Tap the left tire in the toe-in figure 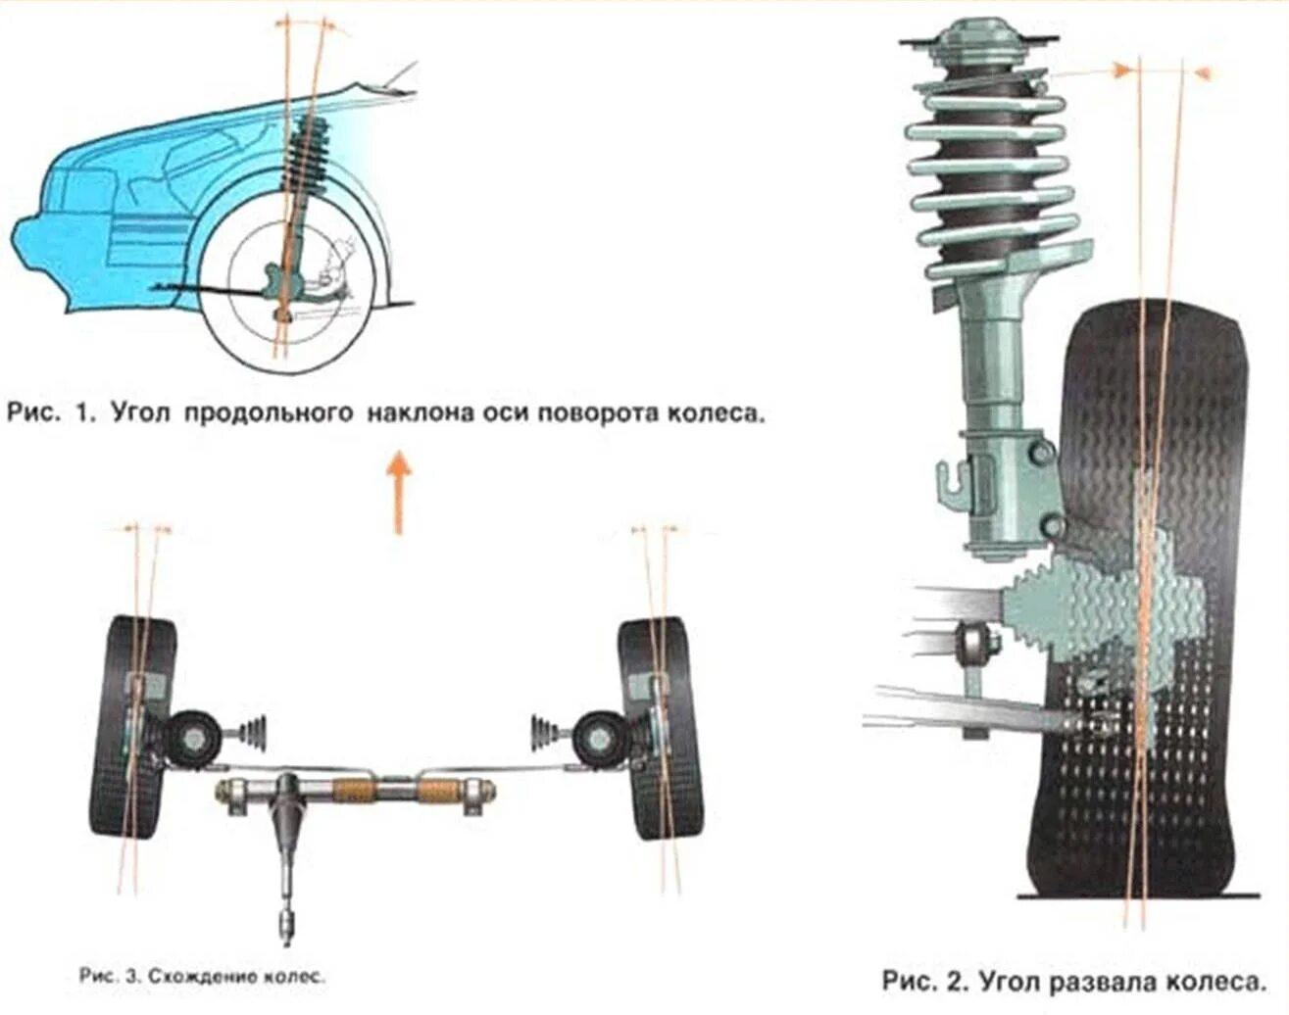[134, 728]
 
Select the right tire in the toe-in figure [660, 728]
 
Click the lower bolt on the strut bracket [1052, 527]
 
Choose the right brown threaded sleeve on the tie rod [438, 789]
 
